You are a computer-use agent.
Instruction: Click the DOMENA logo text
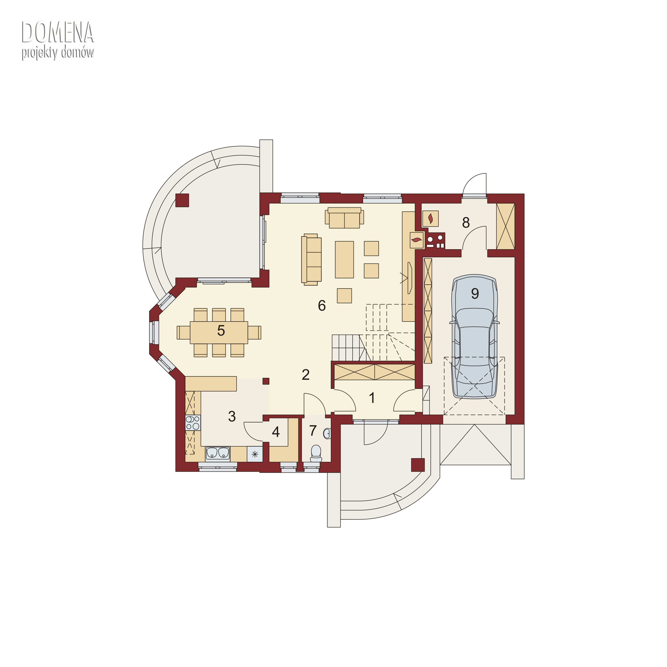[58, 32]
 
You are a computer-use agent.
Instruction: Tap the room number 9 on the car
[475, 293]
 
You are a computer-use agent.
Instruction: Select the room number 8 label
[466, 223]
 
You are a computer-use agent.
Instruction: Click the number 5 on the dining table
[221, 331]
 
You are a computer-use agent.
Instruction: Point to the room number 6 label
[322, 305]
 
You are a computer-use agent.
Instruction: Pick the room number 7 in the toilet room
[313, 430]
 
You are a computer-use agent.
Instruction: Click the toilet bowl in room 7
[316, 453]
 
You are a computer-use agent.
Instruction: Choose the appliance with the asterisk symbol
[255, 454]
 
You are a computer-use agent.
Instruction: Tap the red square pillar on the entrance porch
[418, 465]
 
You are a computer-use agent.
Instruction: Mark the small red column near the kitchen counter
[266, 381]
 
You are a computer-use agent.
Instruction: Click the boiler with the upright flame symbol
[430, 219]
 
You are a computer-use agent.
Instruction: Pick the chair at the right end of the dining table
[254, 332]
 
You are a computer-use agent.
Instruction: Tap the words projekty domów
[58, 53]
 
